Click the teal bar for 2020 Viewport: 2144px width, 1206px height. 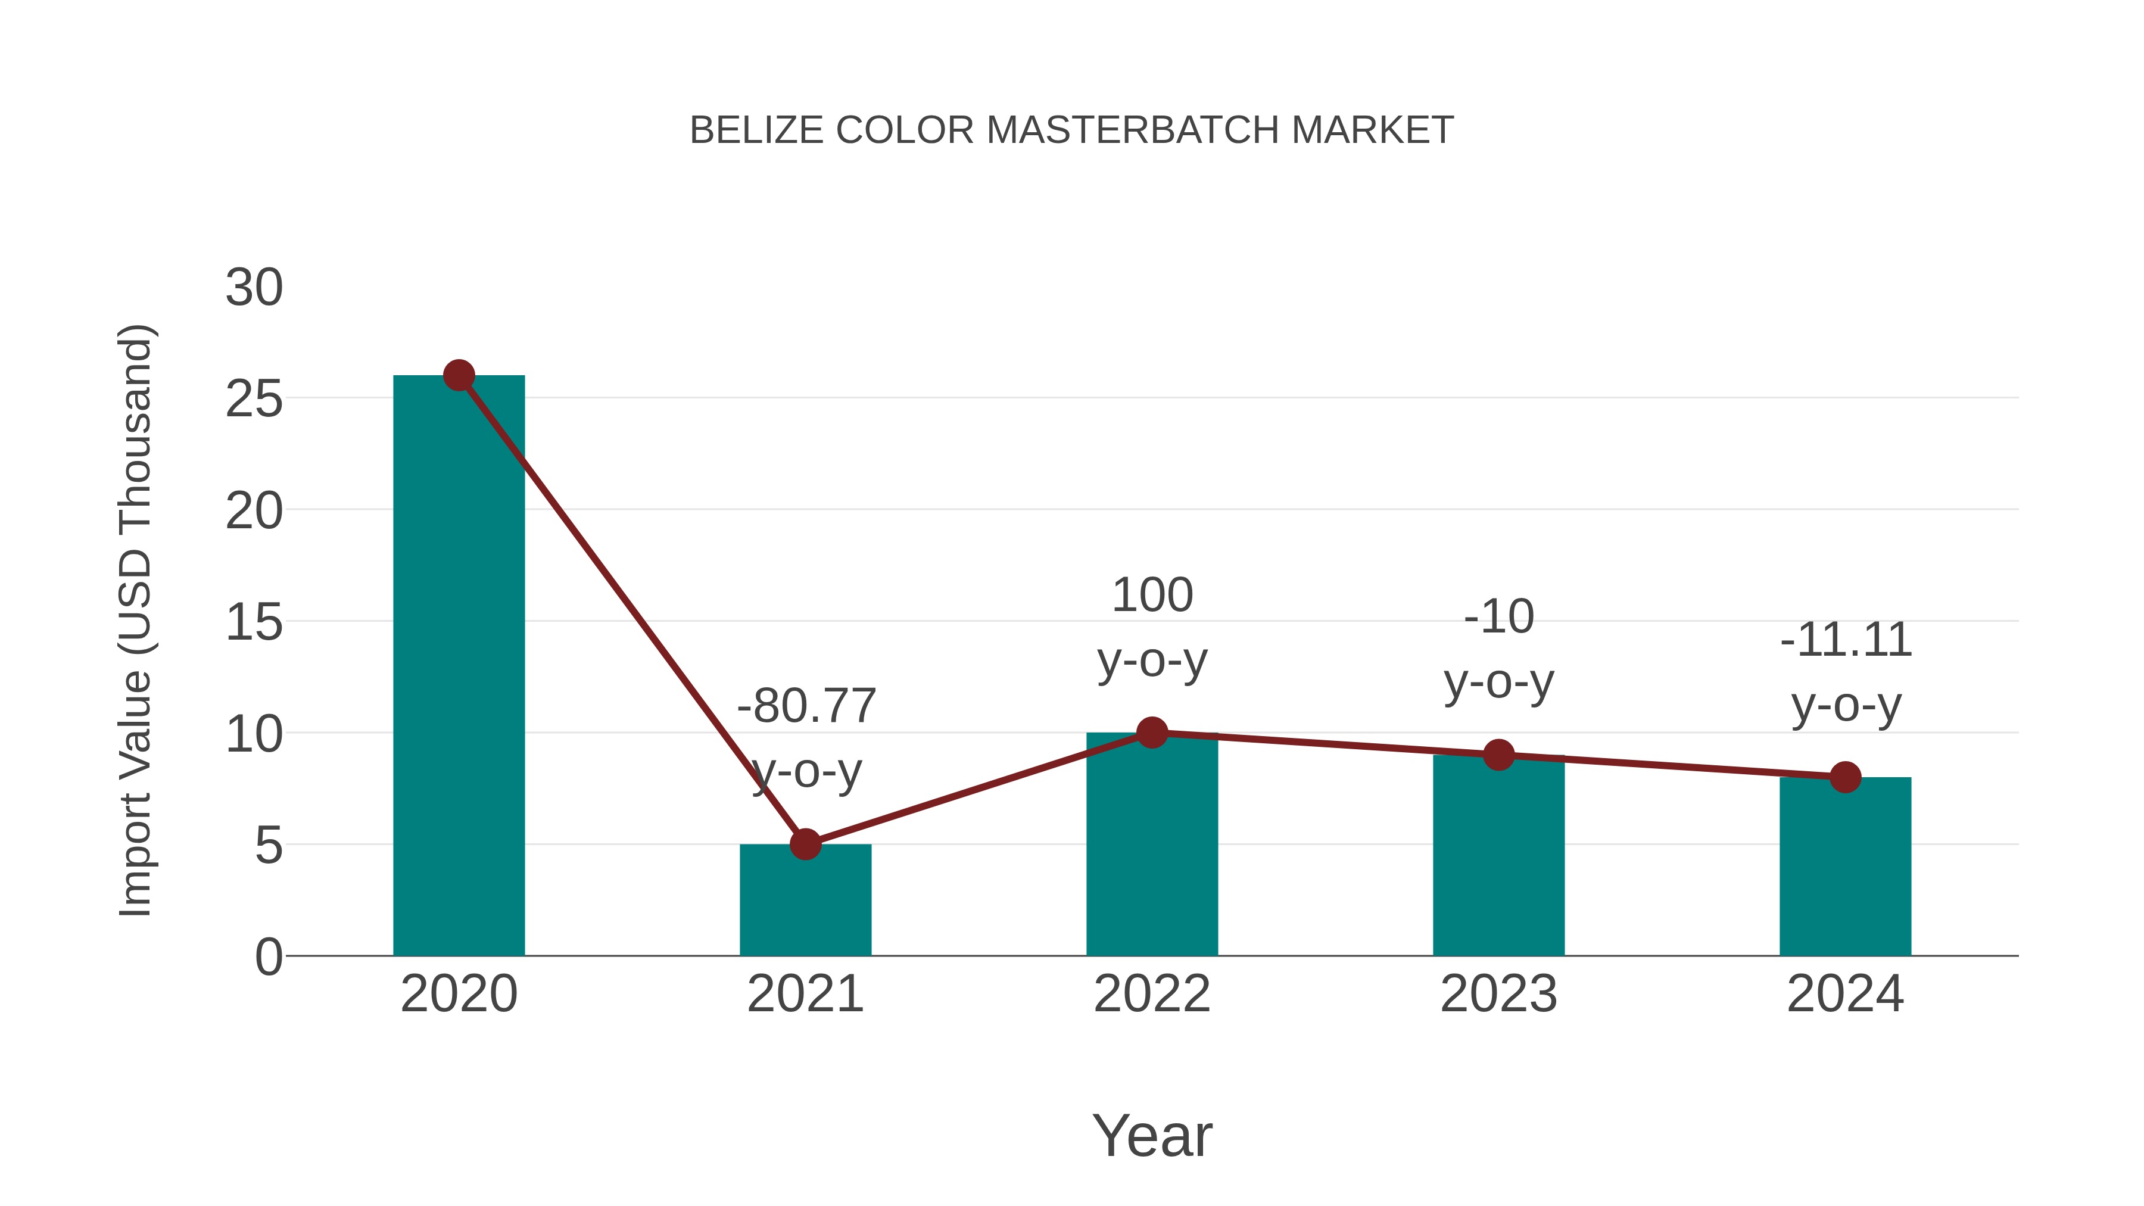(459, 666)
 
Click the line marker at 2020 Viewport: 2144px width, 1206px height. (459, 375)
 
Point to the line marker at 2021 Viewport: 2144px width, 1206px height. (805, 844)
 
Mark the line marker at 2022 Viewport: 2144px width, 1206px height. (1152, 733)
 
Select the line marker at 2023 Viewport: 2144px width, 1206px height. (1498, 755)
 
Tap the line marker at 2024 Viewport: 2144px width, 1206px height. (1845, 777)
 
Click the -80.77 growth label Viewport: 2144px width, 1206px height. (806, 706)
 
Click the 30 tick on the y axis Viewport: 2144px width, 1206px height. (254, 288)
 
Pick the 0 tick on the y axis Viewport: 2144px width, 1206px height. (269, 957)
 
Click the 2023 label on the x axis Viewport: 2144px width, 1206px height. (1498, 995)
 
